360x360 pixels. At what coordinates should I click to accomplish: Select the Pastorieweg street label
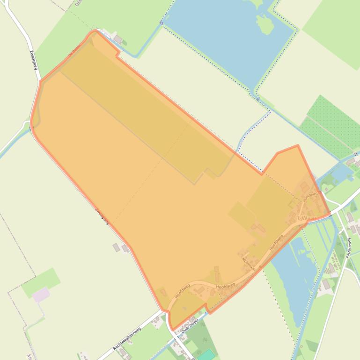[348, 247]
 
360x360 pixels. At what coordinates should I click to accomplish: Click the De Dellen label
[75, 50]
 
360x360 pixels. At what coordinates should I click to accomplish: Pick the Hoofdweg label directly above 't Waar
[310, 196]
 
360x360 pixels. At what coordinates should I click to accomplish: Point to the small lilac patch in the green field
[41, 295]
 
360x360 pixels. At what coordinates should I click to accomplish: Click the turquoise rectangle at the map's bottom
[205, 354]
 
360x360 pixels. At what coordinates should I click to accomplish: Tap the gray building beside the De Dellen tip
[118, 38]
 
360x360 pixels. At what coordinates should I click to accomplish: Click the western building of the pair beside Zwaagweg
[116, 247]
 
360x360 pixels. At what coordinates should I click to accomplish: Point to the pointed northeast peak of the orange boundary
[297, 145]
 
